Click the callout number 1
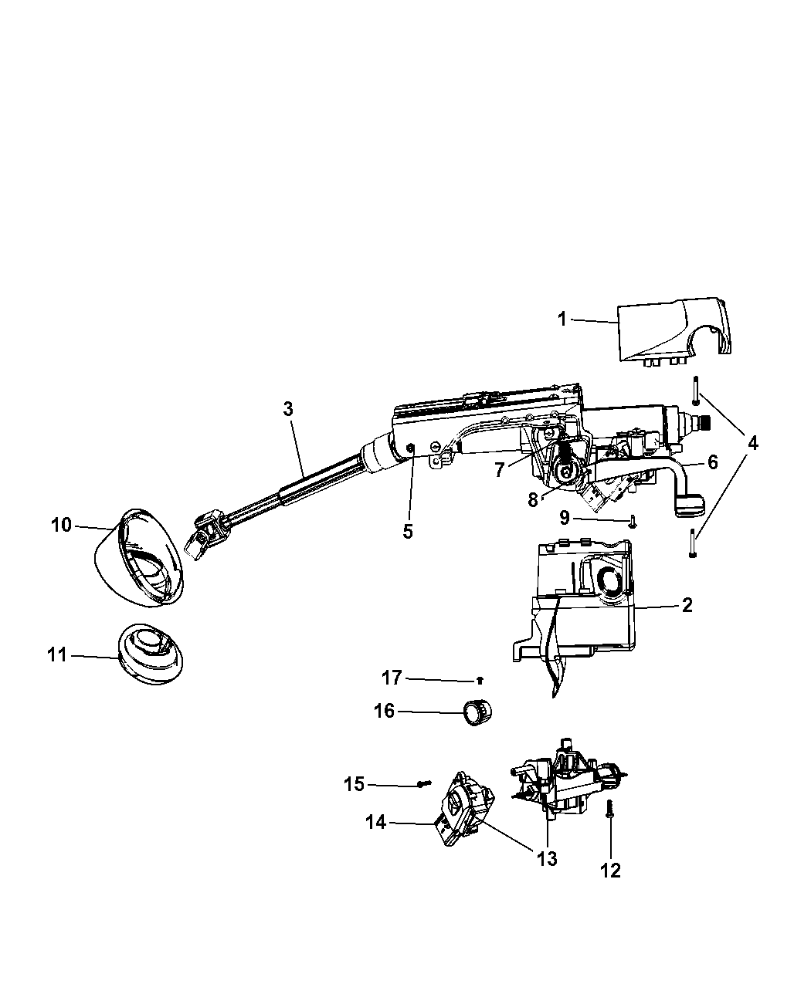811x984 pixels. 562,320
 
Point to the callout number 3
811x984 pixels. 288,409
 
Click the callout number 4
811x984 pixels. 753,443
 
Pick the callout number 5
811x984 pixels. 408,531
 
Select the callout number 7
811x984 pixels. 500,469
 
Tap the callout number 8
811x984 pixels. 533,500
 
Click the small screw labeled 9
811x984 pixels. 633,522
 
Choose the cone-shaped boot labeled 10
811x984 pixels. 139,558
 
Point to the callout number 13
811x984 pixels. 547,859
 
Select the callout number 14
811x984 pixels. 376,823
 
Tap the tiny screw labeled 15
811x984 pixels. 424,783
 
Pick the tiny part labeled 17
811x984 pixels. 480,680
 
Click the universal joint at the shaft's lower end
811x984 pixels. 208,536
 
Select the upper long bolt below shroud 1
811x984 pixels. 695,391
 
